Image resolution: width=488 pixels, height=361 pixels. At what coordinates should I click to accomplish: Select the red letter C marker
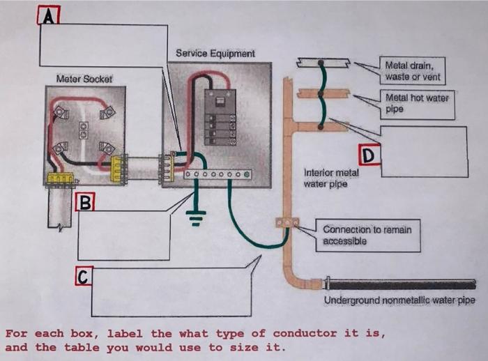point(82,277)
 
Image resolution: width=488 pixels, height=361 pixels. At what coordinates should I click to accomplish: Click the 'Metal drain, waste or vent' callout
point(412,70)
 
